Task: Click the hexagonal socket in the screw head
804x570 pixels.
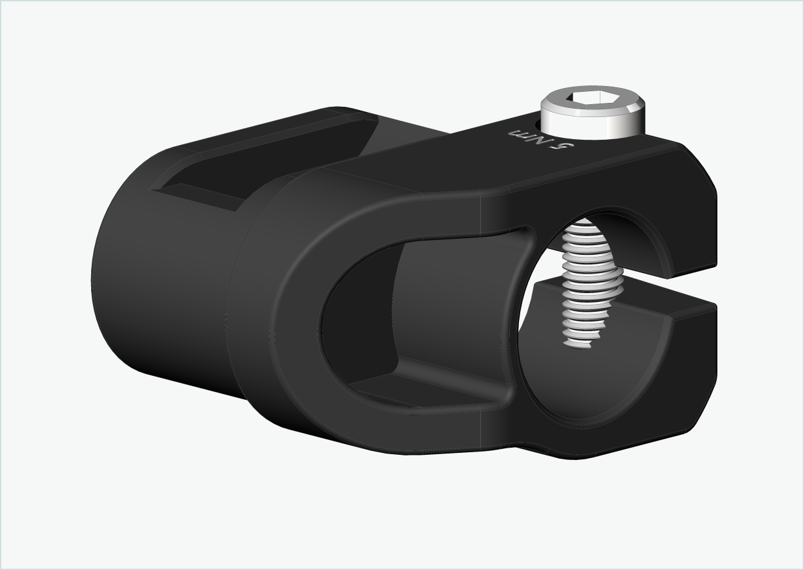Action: tap(592, 98)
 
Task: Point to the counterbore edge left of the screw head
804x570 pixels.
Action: tap(536, 123)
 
